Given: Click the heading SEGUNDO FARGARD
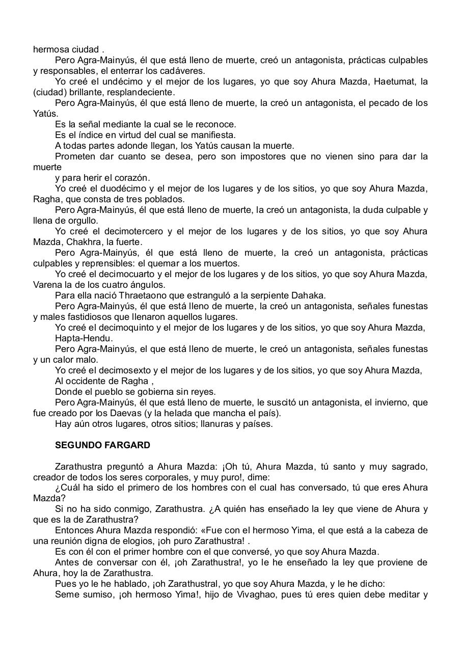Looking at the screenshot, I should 102,445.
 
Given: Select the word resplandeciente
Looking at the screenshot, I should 142,92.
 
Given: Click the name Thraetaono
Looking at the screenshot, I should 129,295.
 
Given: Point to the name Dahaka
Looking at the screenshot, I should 309,295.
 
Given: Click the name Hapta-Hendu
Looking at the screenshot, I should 84,338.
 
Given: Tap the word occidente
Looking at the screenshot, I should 86,381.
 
